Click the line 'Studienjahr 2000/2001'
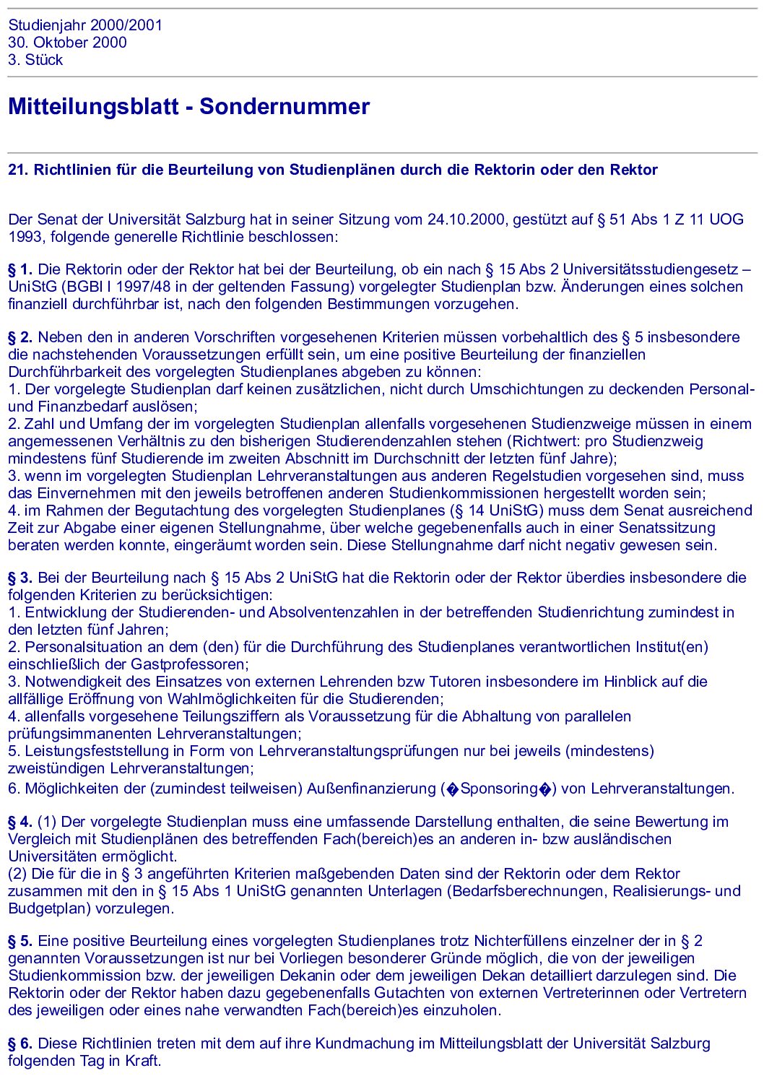[85, 25]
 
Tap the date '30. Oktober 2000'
[67, 43]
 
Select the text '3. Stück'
[35, 60]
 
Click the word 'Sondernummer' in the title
[285, 107]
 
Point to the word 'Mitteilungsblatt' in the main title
[93, 107]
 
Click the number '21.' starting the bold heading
[18, 170]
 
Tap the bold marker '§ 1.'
[20, 270]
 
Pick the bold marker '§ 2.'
[20, 337]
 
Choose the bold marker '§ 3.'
[20, 578]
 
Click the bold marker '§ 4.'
[20, 822]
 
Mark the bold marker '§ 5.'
[20, 941]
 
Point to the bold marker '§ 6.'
[20, 1043]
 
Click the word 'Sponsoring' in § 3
[499, 789]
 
